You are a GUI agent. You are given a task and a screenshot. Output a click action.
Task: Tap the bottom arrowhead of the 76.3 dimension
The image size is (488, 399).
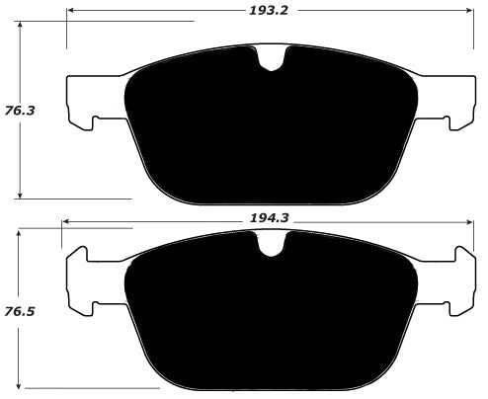point(23,195)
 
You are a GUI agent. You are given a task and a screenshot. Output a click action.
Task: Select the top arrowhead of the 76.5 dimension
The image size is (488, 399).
point(23,233)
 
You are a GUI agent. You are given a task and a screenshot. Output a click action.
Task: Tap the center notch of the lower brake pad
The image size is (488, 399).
point(268,248)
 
